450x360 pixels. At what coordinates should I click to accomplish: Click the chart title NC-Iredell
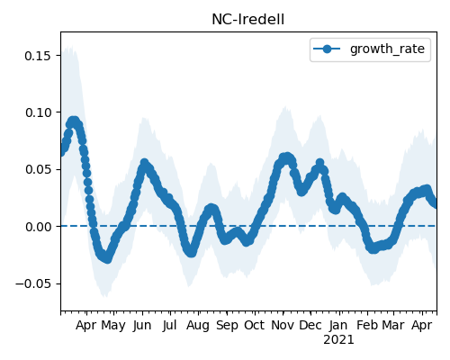[x=247, y=20]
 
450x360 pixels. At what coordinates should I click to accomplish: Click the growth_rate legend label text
[x=387, y=49]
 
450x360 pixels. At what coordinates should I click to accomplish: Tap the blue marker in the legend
[x=327, y=49]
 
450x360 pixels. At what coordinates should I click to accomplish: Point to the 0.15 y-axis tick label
[x=38, y=56]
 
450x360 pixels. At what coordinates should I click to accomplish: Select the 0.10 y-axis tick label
[x=38, y=112]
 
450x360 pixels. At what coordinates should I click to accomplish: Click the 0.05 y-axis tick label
[x=38, y=170]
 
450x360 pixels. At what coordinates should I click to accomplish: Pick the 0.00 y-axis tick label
[x=38, y=227]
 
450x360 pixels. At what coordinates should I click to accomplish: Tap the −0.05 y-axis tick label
[x=33, y=283]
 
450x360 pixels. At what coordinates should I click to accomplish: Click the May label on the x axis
[x=113, y=326]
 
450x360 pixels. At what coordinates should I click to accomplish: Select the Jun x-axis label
[x=142, y=326]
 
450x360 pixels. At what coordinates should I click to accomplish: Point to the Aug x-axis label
[x=198, y=326]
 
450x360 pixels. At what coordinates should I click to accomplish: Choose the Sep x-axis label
[x=227, y=326]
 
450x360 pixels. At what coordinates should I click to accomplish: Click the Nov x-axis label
[x=283, y=325]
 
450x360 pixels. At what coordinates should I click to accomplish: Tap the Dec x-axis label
[x=310, y=325]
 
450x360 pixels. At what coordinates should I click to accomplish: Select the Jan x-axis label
[x=338, y=326]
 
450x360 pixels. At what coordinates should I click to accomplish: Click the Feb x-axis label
[x=367, y=325]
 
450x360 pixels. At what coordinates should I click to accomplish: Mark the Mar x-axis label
[x=393, y=325]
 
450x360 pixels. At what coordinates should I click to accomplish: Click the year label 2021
[x=338, y=340]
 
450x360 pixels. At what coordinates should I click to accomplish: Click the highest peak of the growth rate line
[x=73, y=121]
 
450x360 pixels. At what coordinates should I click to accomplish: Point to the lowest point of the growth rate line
[x=107, y=259]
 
